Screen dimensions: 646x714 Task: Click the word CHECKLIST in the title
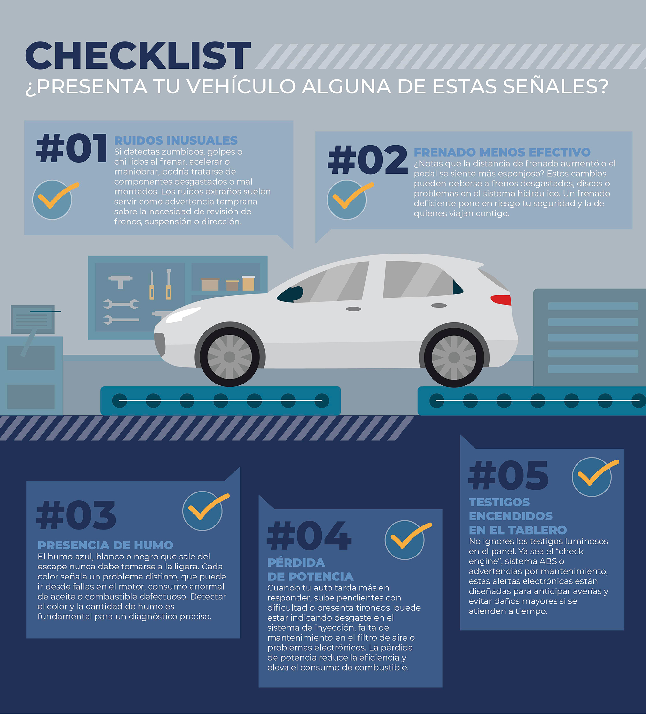click(x=138, y=55)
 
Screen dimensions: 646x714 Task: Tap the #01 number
click(x=71, y=148)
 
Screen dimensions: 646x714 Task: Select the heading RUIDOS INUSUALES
click(x=176, y=141)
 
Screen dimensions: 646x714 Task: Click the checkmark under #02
click(x=349, y=200)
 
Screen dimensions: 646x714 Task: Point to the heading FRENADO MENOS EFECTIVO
click(x=502, y=152)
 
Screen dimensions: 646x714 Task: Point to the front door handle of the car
click(x=353, y=309)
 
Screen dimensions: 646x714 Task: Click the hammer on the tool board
click(x=120, y=282)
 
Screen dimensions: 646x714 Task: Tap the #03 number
click(x=76, y=515)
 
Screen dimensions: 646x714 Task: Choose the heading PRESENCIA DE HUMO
click(x=105, y=546)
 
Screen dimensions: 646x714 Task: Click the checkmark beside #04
click(x=408, y=540)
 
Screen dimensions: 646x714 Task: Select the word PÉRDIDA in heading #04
click(x=296, y=563)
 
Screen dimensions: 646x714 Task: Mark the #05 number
click(x=508, y=475)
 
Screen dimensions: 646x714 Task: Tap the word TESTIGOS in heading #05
click(x=499, y=502)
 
